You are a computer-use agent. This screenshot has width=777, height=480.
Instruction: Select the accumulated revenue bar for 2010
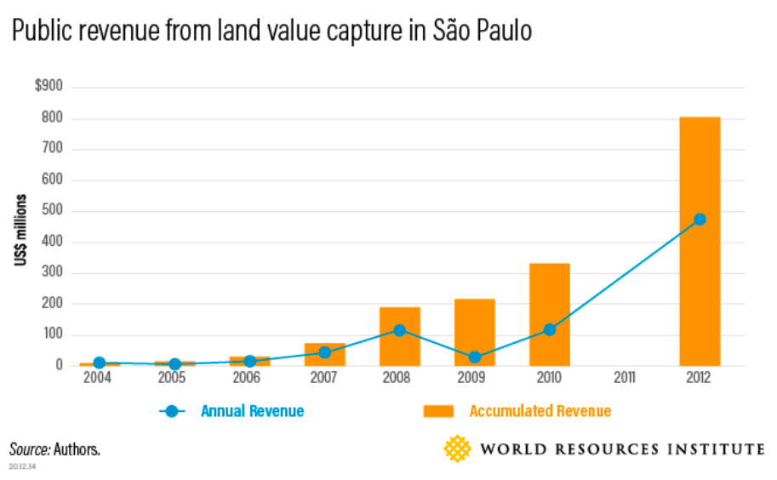[x=550, y=314]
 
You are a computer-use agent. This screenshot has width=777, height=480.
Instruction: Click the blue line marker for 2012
[x=700, y=220]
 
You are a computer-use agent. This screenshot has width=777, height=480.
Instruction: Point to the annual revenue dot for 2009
[x=475, y=357]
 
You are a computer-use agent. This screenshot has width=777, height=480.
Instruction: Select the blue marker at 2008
[x=399, y=330]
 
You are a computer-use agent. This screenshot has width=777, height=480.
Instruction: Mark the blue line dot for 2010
[x=550, y=329]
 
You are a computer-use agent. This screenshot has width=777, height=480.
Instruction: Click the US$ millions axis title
[x=20, y=231]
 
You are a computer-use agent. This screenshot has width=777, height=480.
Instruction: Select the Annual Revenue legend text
[x=252, y=412]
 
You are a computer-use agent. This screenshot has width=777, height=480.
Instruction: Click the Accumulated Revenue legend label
[x=540, y=412]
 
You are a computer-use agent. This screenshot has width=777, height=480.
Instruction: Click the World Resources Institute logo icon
[x=458, y=449]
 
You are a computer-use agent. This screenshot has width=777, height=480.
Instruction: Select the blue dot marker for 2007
[x=324, y=352]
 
